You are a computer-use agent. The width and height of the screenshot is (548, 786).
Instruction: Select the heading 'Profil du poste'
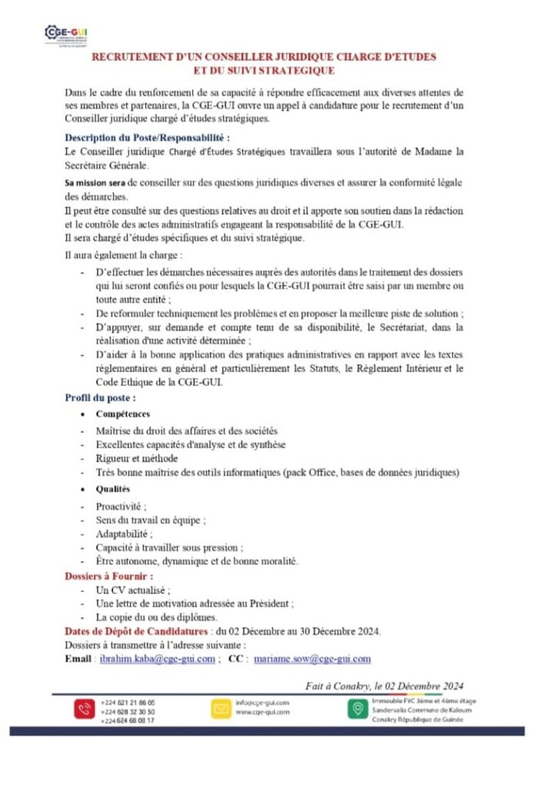101,398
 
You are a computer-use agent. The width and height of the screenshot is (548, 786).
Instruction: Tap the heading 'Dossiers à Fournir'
109,575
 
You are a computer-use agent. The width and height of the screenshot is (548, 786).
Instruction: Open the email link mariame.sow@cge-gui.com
313,659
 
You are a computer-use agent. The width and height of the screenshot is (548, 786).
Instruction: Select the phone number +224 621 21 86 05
128,702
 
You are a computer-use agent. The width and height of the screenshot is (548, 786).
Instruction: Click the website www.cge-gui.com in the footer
263,712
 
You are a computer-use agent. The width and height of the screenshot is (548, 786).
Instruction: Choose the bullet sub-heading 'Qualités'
113,489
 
